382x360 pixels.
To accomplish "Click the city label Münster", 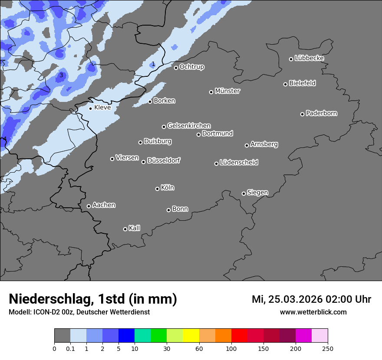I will click(227, 91).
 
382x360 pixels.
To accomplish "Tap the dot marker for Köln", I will click(157, 189).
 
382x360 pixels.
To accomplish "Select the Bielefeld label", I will click(302, 83).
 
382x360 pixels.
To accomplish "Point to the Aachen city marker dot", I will click(89, 206).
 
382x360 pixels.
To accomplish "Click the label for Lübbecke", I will click(309, 58).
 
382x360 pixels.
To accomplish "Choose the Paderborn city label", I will click(321, 113).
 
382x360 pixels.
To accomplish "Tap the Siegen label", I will click(257, 193).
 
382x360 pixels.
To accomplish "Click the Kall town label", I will click(134, 228).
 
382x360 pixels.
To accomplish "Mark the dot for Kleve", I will click(90, 108).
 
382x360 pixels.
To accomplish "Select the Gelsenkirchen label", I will click(189, 126).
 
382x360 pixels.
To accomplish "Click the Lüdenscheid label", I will click(239, 163).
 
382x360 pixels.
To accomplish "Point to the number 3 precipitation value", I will click(61, 75).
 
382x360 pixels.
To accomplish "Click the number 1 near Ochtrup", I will click(153, 64).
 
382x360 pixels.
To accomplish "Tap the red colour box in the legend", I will click(239, 336).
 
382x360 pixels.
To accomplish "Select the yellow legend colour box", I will click(191, 336).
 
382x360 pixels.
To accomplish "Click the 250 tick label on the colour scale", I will click(328, 348).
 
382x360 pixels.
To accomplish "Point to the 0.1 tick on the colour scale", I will click(70, 348).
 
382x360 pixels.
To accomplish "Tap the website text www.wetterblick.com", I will click(313, 312).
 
